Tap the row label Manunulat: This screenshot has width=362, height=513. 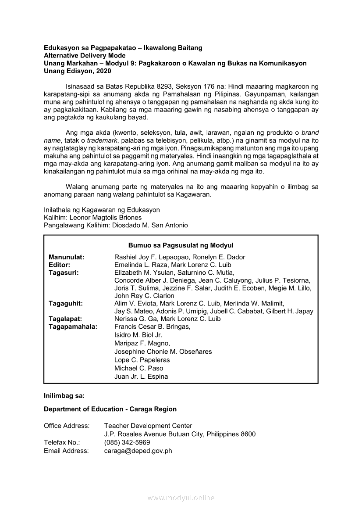[x=67, y=257]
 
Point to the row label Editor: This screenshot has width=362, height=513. [x=59, y=265]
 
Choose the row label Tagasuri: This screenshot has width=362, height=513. [x=64, y=273]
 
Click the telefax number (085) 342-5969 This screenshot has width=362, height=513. [x=127, y=442]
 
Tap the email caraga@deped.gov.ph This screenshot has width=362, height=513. [x=138, y=451]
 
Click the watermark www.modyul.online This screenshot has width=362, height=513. [x=181, y=498]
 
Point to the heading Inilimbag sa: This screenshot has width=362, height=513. [x=64, y=395]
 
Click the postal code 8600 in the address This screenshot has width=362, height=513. [x=248, y=434]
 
